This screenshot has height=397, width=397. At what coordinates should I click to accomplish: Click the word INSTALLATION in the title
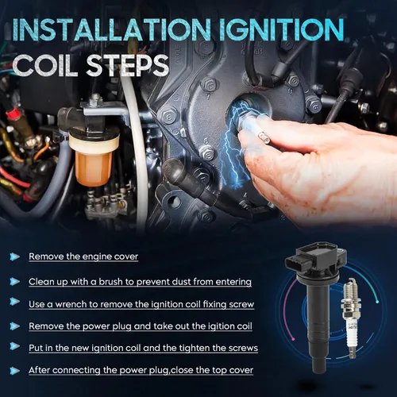[x=112, y=29]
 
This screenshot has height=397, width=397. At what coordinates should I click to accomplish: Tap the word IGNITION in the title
[x=282, y=29]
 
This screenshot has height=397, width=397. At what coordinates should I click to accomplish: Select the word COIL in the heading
[x=45, y=65]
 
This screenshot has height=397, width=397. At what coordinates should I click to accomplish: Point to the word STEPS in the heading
[x=128, y=65]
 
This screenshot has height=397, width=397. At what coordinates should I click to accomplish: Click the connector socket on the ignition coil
[x=296, y=265]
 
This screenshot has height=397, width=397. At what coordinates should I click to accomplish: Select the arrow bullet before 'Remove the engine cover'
[x=14, y=256]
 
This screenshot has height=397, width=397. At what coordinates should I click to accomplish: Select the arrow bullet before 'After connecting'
[x=14, y=371]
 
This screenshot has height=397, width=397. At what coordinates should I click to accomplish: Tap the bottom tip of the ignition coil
[x=319, y=371]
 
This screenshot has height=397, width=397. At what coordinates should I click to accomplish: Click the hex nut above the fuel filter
[x=95, y=100]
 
